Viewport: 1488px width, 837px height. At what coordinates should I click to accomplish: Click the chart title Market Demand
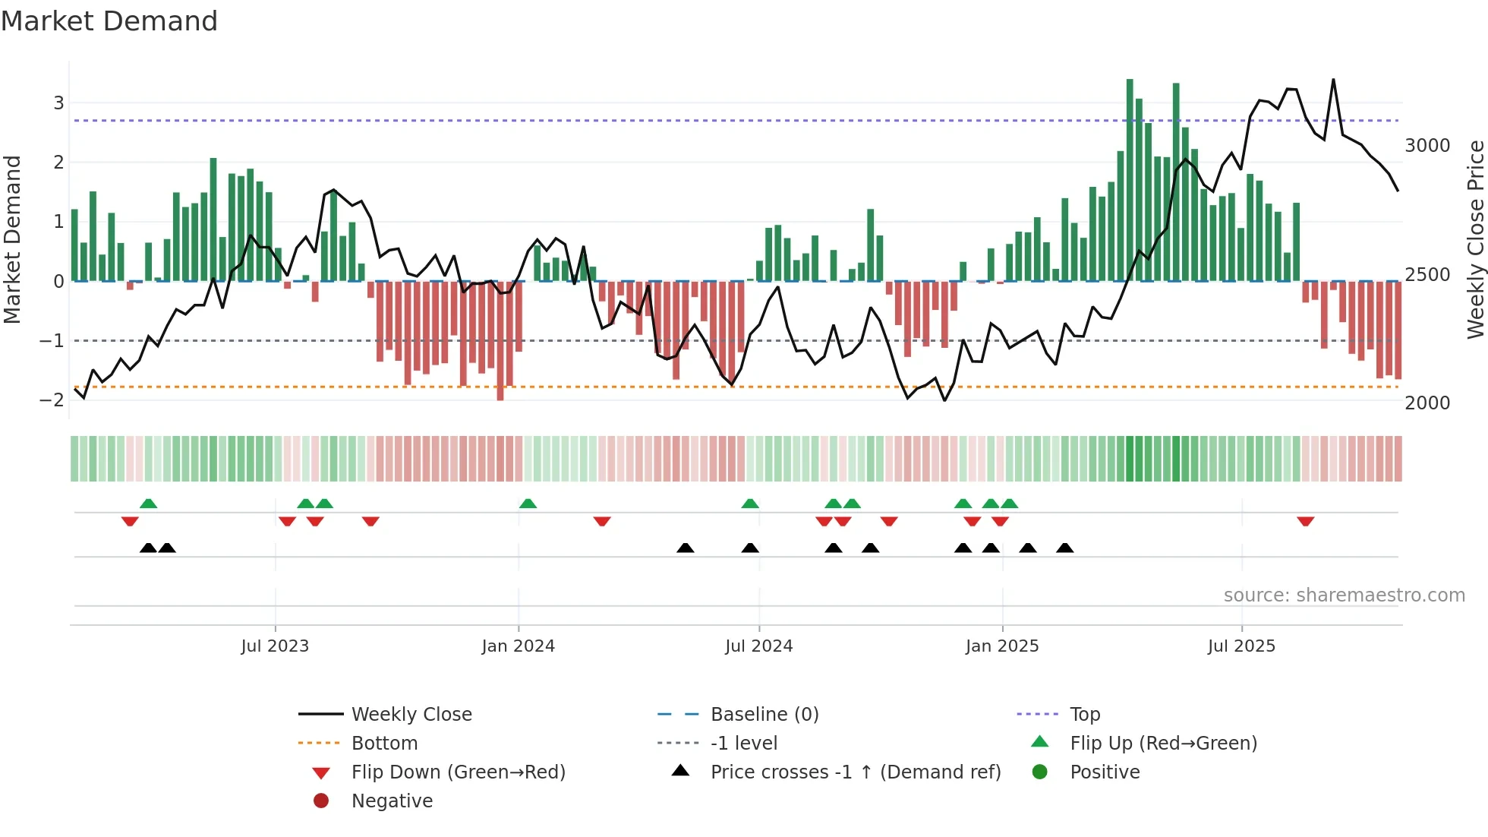[109, 21]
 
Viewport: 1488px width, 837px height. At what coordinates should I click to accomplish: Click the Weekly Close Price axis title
[1475, 239]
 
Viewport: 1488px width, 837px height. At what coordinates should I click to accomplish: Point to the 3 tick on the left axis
[58, 103]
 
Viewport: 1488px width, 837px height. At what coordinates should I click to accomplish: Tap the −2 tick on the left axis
[52, 400]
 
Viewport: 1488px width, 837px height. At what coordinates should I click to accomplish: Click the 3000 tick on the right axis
[1427, 146]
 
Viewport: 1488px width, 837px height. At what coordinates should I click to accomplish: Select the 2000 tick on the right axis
[1427, 403]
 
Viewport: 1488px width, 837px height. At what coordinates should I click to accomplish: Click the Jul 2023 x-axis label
[275, 646]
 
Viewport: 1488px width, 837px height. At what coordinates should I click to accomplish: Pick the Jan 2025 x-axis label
[1002, 646]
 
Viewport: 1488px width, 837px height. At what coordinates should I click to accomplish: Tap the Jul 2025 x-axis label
[1241, 646]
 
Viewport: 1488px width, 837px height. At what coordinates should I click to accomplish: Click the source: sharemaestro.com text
[1344, 595]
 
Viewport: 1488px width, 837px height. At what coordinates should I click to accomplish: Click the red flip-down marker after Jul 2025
[1306, 522]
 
